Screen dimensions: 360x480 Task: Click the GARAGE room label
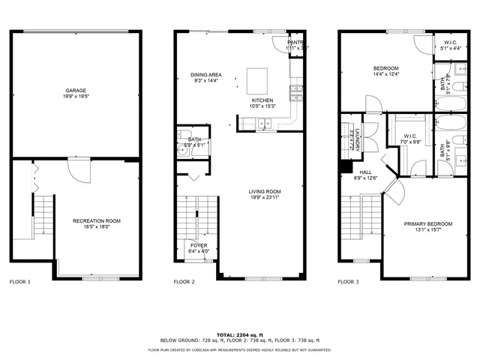[75, 89]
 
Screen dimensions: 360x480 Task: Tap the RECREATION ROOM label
[96, 220]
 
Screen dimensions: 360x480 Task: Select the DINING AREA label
[205, 74]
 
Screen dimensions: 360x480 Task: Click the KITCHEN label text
[262, 100]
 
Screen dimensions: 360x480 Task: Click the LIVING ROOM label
[265, 192]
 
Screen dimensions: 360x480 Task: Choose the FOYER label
[198, 245]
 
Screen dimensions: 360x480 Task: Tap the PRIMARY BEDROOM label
[428, 224]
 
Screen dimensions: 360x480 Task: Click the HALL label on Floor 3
[366, 172]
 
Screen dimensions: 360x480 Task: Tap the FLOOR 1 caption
[19, 282]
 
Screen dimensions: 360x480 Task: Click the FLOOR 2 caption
[184, 282]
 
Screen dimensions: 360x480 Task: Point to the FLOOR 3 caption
[348, 282]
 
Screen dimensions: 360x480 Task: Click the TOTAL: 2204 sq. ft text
[240, 334]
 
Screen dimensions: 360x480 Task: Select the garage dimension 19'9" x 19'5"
[75, 96]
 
